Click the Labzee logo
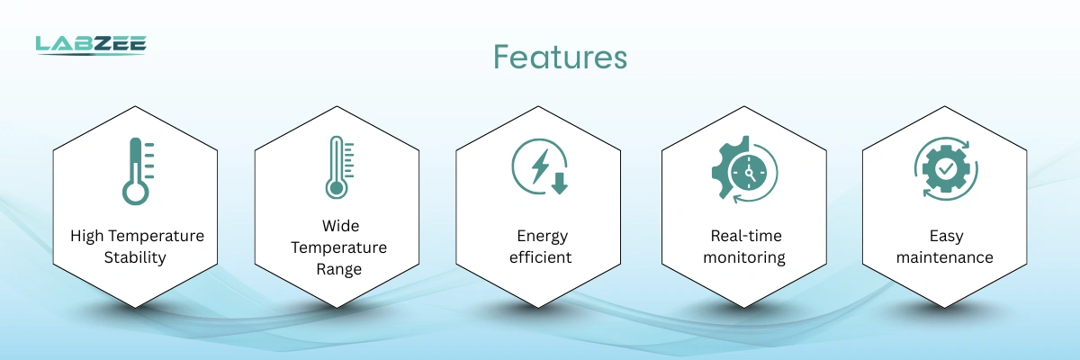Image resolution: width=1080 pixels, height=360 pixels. [91, 45]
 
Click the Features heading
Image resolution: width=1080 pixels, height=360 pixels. [560, 58]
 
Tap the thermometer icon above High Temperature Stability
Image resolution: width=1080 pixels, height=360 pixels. [138, 172]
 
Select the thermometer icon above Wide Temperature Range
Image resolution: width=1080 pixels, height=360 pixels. [339, 167]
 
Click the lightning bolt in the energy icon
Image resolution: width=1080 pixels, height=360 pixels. [540, 166]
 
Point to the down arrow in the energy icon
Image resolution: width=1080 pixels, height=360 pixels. [559, 184]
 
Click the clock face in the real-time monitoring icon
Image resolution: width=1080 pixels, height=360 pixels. [749, 173]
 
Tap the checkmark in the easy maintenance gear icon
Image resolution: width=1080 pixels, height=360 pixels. [946, 168]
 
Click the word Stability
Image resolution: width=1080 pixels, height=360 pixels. [135, 257]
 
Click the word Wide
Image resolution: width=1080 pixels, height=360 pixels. [340, 226]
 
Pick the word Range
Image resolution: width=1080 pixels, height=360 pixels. [339, 269]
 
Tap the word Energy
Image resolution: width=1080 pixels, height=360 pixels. [543, 236]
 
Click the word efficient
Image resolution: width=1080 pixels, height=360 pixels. [541, 257]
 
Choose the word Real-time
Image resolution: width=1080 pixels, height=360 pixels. [746, 236]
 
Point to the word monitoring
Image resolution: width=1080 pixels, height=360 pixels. [744, 257]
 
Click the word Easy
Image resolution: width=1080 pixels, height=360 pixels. [946, 236]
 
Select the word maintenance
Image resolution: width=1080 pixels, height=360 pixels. [944, 257]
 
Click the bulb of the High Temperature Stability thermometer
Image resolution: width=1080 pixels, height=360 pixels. [136, 193]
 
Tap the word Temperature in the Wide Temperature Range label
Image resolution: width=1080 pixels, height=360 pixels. [339, 247]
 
